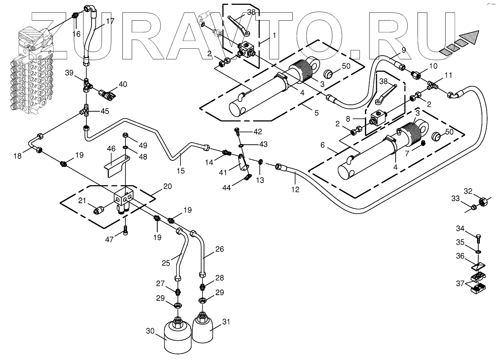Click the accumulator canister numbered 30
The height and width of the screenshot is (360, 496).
point(177,334)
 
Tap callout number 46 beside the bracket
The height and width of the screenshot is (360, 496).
point(111,149)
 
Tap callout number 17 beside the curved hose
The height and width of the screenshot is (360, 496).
point(110,21)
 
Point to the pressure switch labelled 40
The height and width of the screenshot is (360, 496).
point(108,95)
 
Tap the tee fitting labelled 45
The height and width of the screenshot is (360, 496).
point(85,110)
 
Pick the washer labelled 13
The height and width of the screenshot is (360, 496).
point(261,162)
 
